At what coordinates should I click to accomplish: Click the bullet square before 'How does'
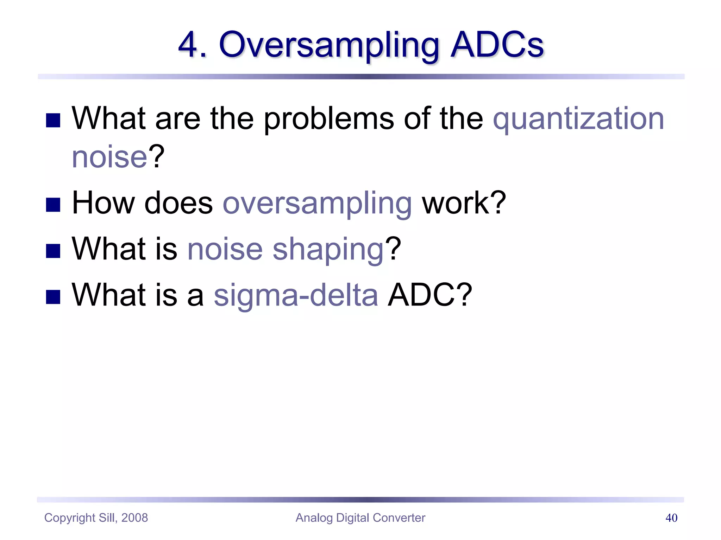53,205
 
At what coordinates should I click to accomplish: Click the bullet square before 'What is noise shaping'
53,251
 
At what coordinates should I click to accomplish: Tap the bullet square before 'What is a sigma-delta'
53,297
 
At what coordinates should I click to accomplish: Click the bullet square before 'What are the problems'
53,120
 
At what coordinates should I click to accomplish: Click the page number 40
671,518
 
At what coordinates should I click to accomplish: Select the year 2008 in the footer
134,518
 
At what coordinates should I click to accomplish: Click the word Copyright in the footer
70,518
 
